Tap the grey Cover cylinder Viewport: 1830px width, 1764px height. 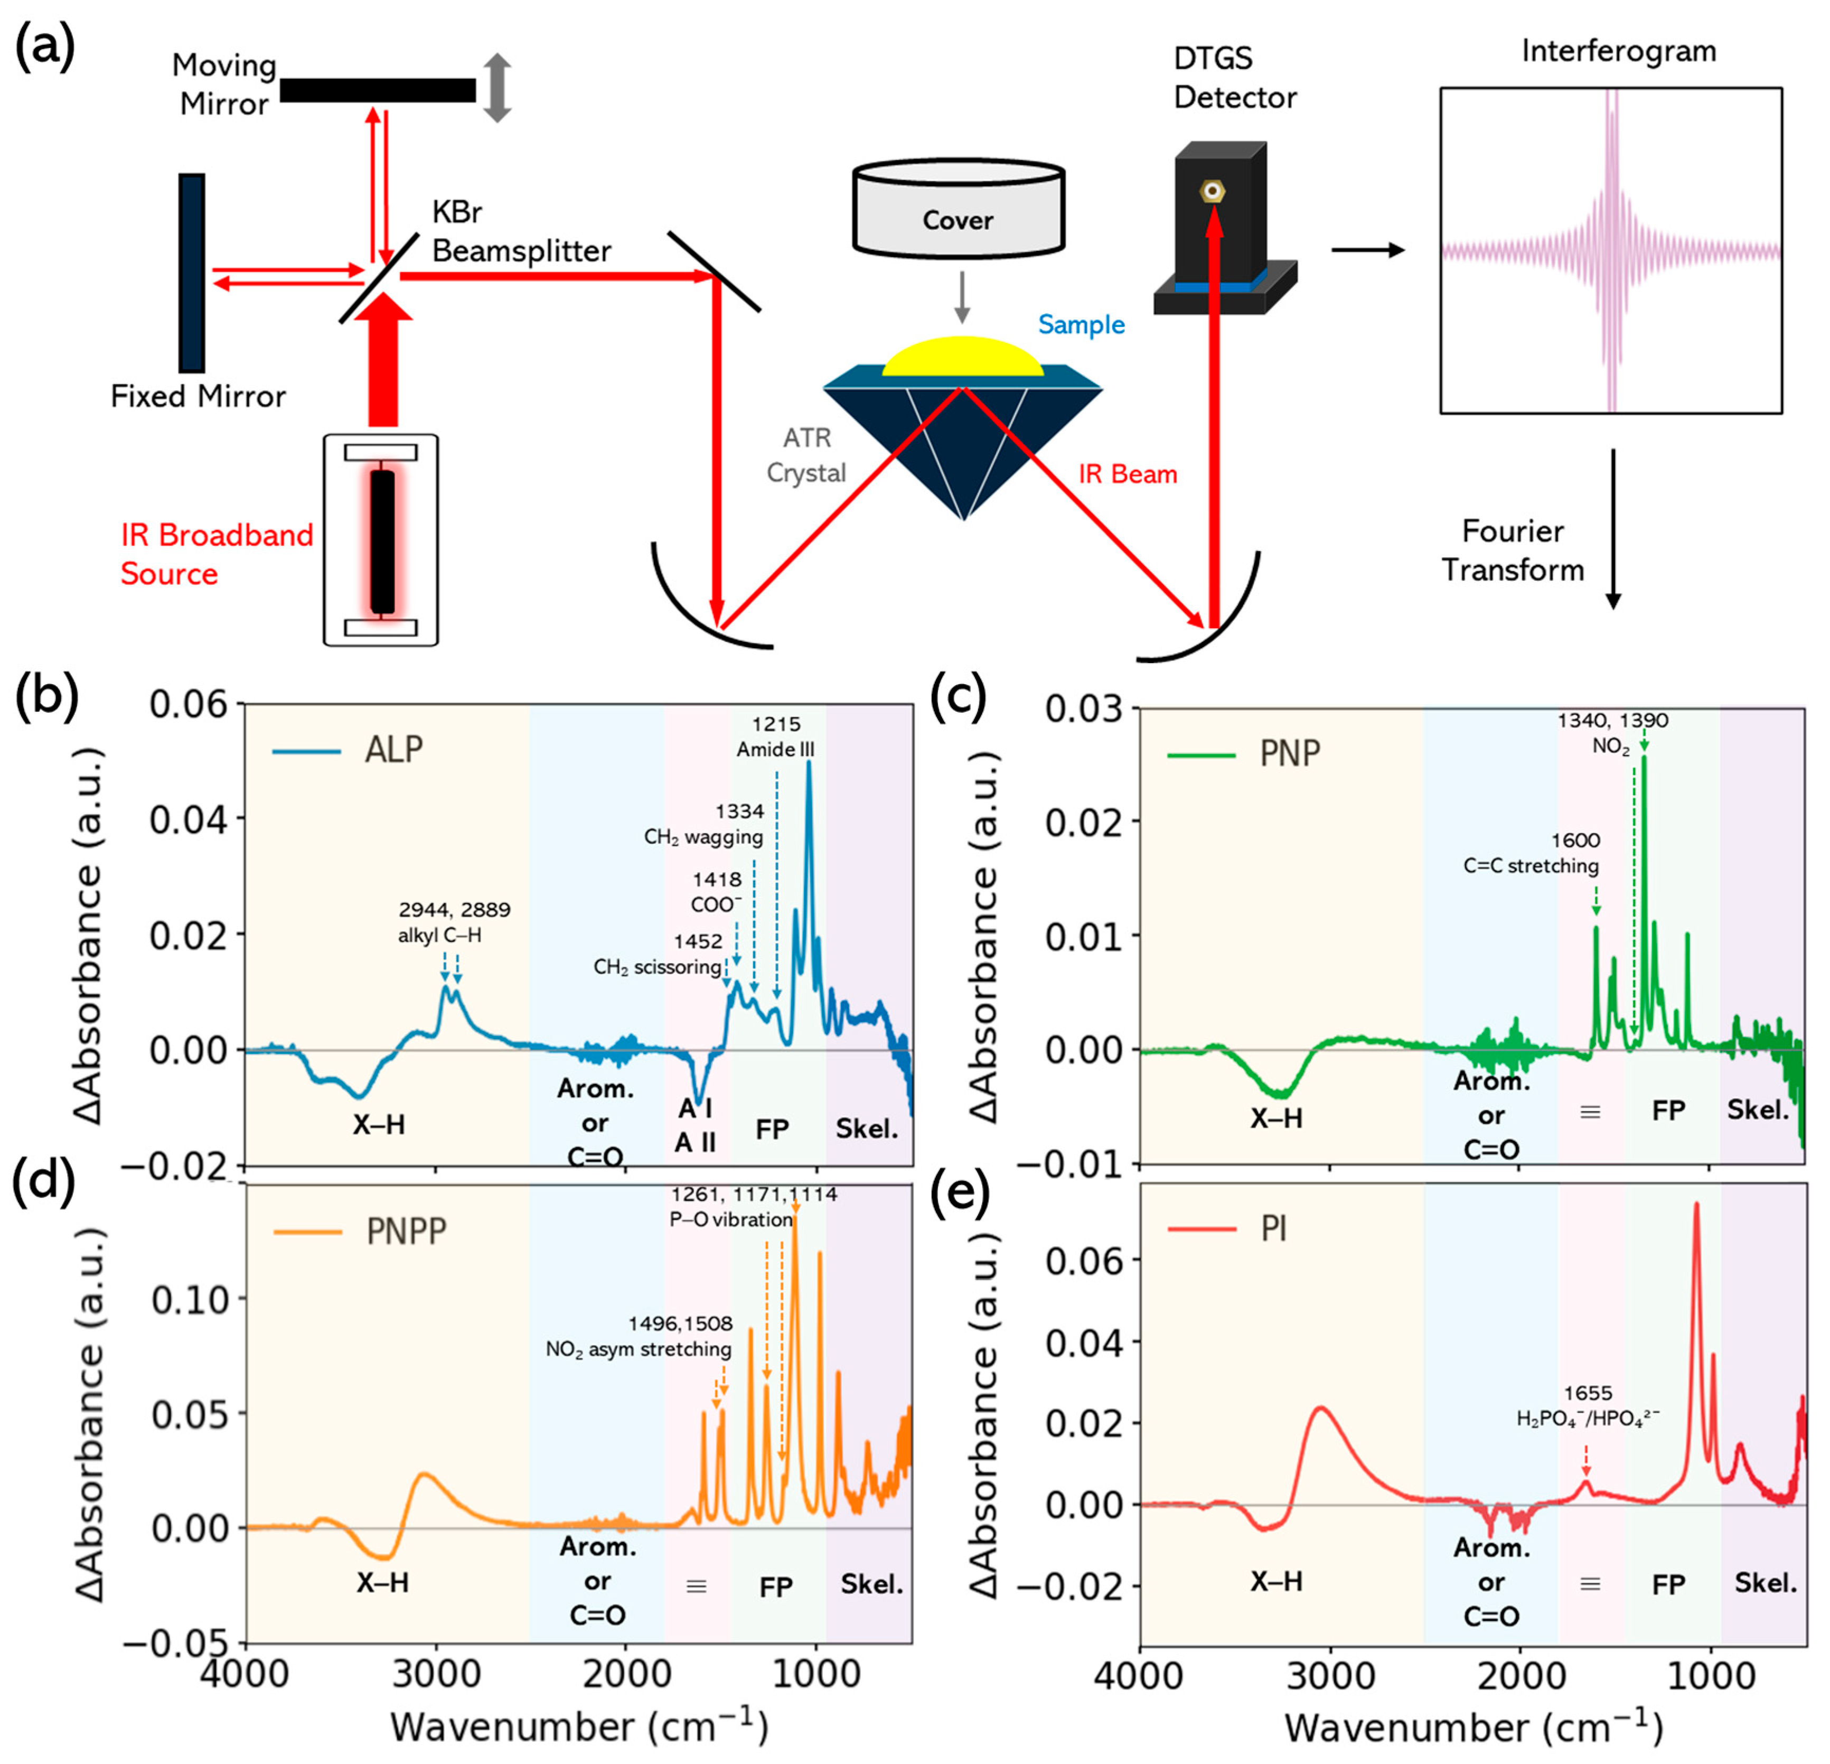(958, 211)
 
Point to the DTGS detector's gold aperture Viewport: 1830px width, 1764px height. (1213, 191)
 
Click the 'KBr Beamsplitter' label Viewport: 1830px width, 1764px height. (521, 231)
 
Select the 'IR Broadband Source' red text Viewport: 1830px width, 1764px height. (217, 554)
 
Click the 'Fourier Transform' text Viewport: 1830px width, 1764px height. (1513, 550)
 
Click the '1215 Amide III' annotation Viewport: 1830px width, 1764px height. (776, 737)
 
